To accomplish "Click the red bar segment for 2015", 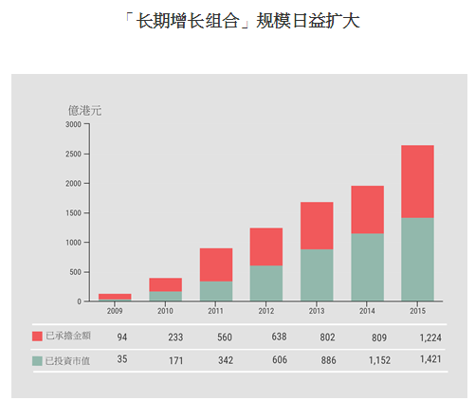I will pos(417,181).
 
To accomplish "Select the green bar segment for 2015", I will pos(417,259).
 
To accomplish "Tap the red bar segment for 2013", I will pos(317,226).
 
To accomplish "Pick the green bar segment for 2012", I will pos(266,283).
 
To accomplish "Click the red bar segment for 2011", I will pos(216,264).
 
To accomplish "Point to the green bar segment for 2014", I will pos(367,266).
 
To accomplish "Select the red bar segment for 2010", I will pos(165,284).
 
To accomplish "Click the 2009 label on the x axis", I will pos(115,311).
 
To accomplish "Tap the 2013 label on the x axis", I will pos(317,311).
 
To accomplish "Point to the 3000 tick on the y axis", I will pos(73,124).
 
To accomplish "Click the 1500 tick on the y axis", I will pos(73,213).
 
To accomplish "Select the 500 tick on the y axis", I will pos(75,272).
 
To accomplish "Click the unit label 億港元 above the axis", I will pos(84,110).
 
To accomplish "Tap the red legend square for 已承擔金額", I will pos(37,337).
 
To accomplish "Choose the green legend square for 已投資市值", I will pos(37,361).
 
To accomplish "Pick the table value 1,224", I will pos(429,337).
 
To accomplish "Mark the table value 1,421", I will pos(429,360).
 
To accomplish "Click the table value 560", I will pos(225,337).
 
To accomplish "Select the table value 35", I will pos(122,360).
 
